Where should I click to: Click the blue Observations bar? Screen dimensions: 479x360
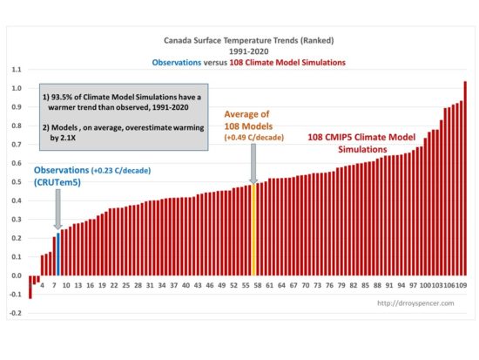coord(58,255)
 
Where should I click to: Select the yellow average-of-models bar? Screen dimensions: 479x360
coord(253,230)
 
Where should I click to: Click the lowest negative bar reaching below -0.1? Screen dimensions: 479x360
coord(30,287)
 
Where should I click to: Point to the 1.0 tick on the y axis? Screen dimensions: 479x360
coord(17,88)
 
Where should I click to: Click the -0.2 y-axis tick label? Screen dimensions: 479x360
coord(16,313)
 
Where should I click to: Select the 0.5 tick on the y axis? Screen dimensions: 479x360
coord(17,182)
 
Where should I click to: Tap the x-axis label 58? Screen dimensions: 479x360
coord(258,285)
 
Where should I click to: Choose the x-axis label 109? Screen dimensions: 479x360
coord(461,285)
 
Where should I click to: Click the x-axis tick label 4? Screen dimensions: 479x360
coord(42,285)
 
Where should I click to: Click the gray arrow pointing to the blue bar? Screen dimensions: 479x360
coord(57,209)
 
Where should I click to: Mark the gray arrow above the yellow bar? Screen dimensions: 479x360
coord(253,164)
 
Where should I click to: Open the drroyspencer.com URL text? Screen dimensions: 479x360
coord(415,303)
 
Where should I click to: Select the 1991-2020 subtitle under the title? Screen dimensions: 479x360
coord(249,51)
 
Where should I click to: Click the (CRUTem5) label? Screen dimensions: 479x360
coord(57,182)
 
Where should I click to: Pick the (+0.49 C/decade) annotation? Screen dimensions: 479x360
coord(254,138)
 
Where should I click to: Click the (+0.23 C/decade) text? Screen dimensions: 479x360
coord(121,171)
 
